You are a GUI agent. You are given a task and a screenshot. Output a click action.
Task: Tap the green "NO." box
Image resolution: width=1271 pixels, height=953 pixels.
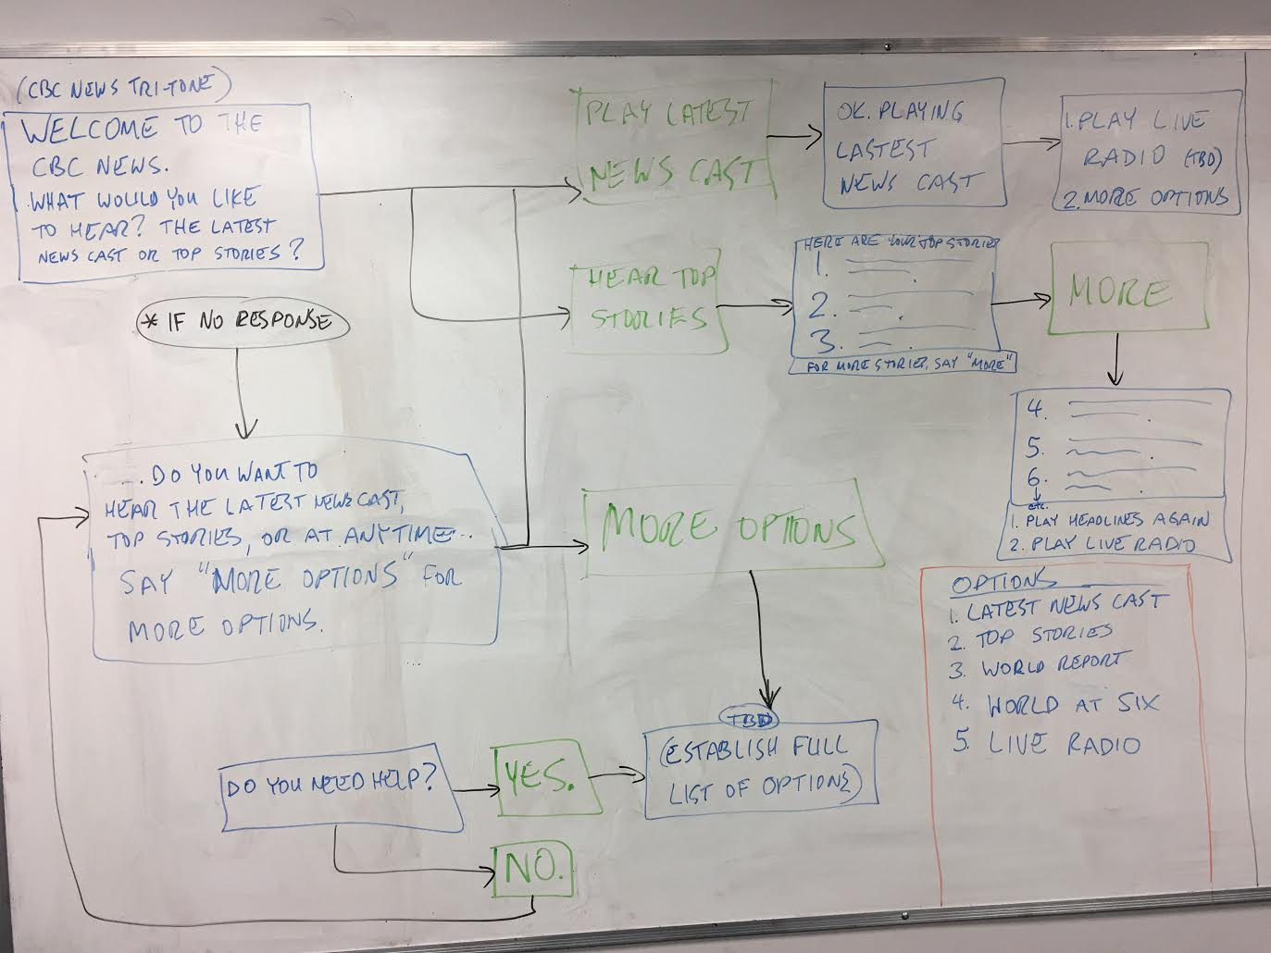[532, 867]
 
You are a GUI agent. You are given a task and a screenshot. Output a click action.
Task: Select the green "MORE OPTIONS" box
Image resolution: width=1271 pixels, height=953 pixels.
[730, 528]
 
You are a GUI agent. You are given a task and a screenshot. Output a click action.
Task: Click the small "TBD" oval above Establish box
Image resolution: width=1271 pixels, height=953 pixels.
[749, 719]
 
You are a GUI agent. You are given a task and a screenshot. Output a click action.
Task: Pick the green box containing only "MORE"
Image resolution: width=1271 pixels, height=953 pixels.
[1128, 291]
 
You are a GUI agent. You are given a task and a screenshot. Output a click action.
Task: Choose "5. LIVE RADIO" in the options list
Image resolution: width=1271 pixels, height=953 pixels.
[1046, 745]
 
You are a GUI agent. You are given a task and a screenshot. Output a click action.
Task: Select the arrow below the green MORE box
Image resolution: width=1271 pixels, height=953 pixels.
[1115, 359]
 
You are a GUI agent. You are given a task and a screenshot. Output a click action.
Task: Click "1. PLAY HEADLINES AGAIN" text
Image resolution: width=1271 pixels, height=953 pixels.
[1108, 520]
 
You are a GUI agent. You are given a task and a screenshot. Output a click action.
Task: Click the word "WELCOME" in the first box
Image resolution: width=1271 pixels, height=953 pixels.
[91, 130]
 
